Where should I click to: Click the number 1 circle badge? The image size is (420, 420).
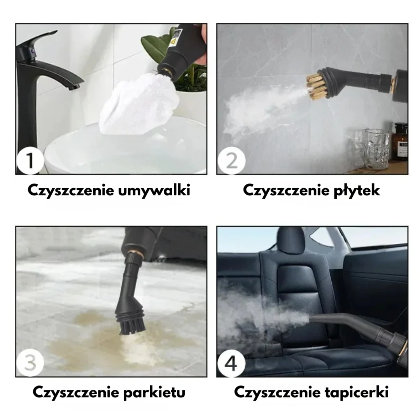(30, 160)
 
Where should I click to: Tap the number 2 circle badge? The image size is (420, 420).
(231, 160)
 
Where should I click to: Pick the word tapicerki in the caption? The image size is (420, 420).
(356, 392)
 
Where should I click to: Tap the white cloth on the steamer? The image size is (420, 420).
(138, 105)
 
